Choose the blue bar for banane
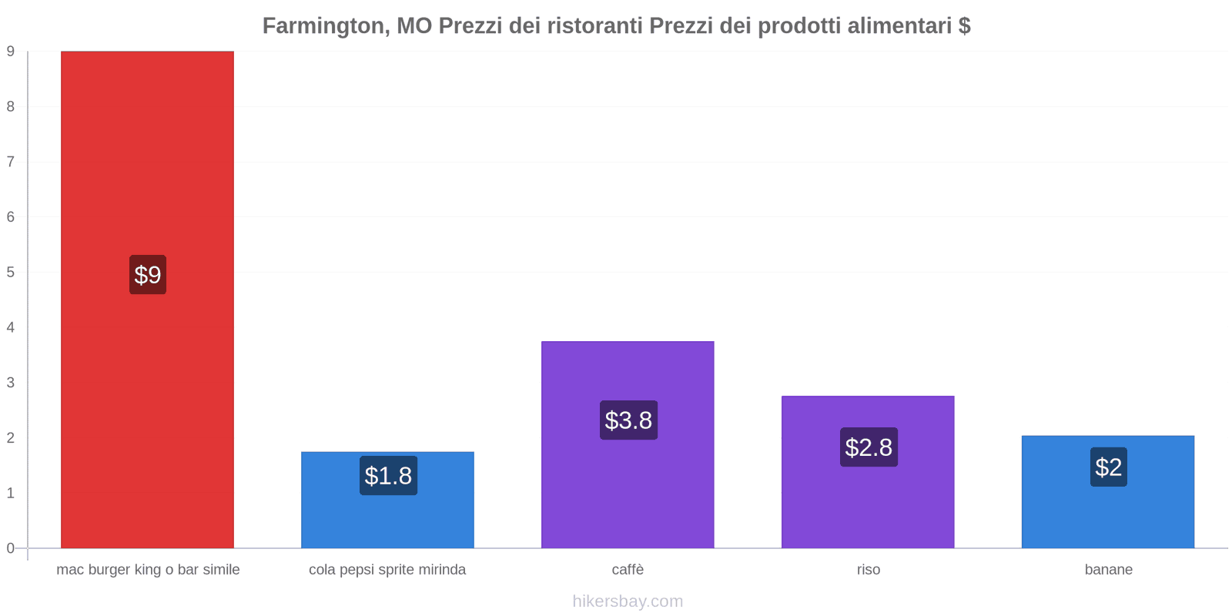(x=1108, y=516)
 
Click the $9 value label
(x=147, y=275)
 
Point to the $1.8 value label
(x=388, y=476)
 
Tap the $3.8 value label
(x=628, y=420)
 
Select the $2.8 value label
(x=869, y=447)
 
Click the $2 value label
(x=1108, y=467)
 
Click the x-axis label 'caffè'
(x=628, y=570)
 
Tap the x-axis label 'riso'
(x=868, y=570)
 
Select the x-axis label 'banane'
(x=1108, y=570)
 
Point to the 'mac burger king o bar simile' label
(x=148, y=570)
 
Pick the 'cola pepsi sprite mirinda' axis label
(x=387, y=570)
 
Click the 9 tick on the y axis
(x=11, y=52)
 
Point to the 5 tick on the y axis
(x=11, y=273)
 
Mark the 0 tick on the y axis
(x=11, y=548)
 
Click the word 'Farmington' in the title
(x=324, y=26)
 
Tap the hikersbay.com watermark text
(x=628, y=601)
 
